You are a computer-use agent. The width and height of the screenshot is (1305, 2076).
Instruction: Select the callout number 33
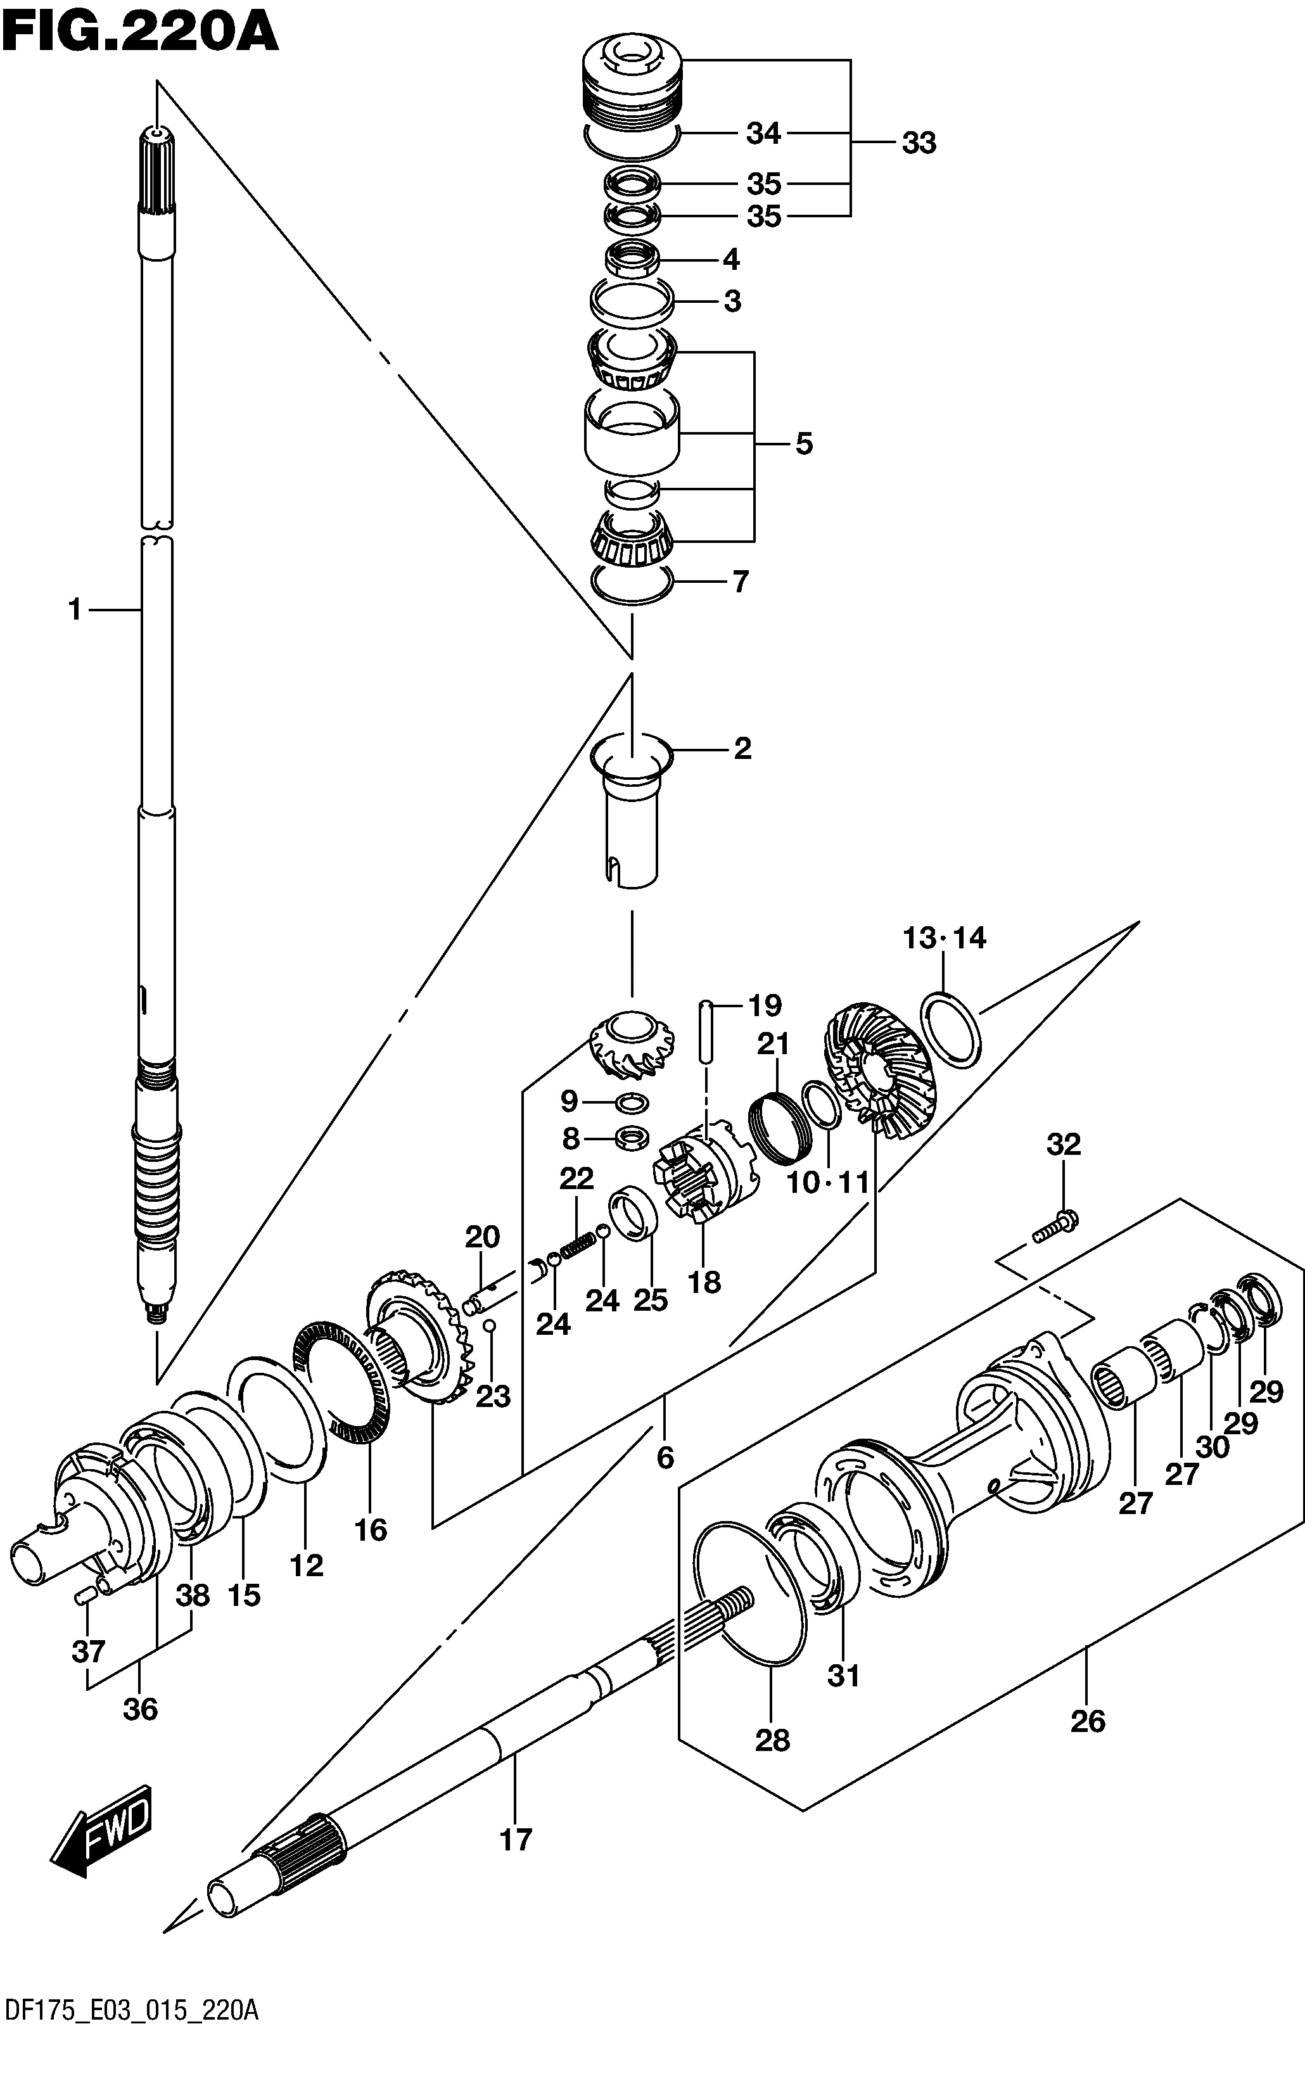(x=919, y=143)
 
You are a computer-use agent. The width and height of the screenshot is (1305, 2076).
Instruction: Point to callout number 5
(x=803, y=444)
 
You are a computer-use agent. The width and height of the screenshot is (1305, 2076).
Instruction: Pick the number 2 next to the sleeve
(x=742, y=748)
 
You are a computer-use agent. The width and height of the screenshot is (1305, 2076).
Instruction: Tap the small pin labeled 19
(x=706, y=1031)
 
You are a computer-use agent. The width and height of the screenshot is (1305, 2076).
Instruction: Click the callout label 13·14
(x=944, y=937)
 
